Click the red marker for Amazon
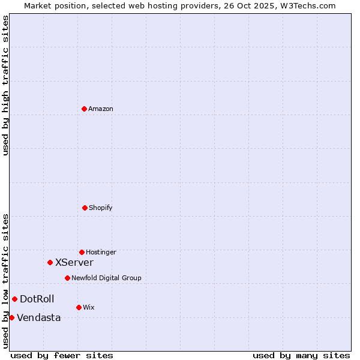click(x=84, y=109)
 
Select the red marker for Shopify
click(x=85, y=208)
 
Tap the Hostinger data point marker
click(x=82, y=252)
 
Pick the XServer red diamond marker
click(x=50, y=262)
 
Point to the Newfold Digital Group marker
click(x=67, y=278)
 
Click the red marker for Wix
click(x=79, y=307)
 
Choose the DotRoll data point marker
click(x=14, y=299)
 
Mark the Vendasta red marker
click(x=11, y=317)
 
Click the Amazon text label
click(x=101, y=109)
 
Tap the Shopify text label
click(x=101, y=208)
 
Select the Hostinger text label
click(x=101, y=252)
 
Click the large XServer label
click(x=74, y=262)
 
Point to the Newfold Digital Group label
click(x=106, y=278)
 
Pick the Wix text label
click(x=89, y=307)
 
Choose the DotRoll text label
click(x=37, y=299)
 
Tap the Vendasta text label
click(x=39, y=317)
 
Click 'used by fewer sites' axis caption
click(x=62, y=355)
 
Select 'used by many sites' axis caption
click(x=301, y=355)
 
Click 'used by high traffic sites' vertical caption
click(x=5, y=85)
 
